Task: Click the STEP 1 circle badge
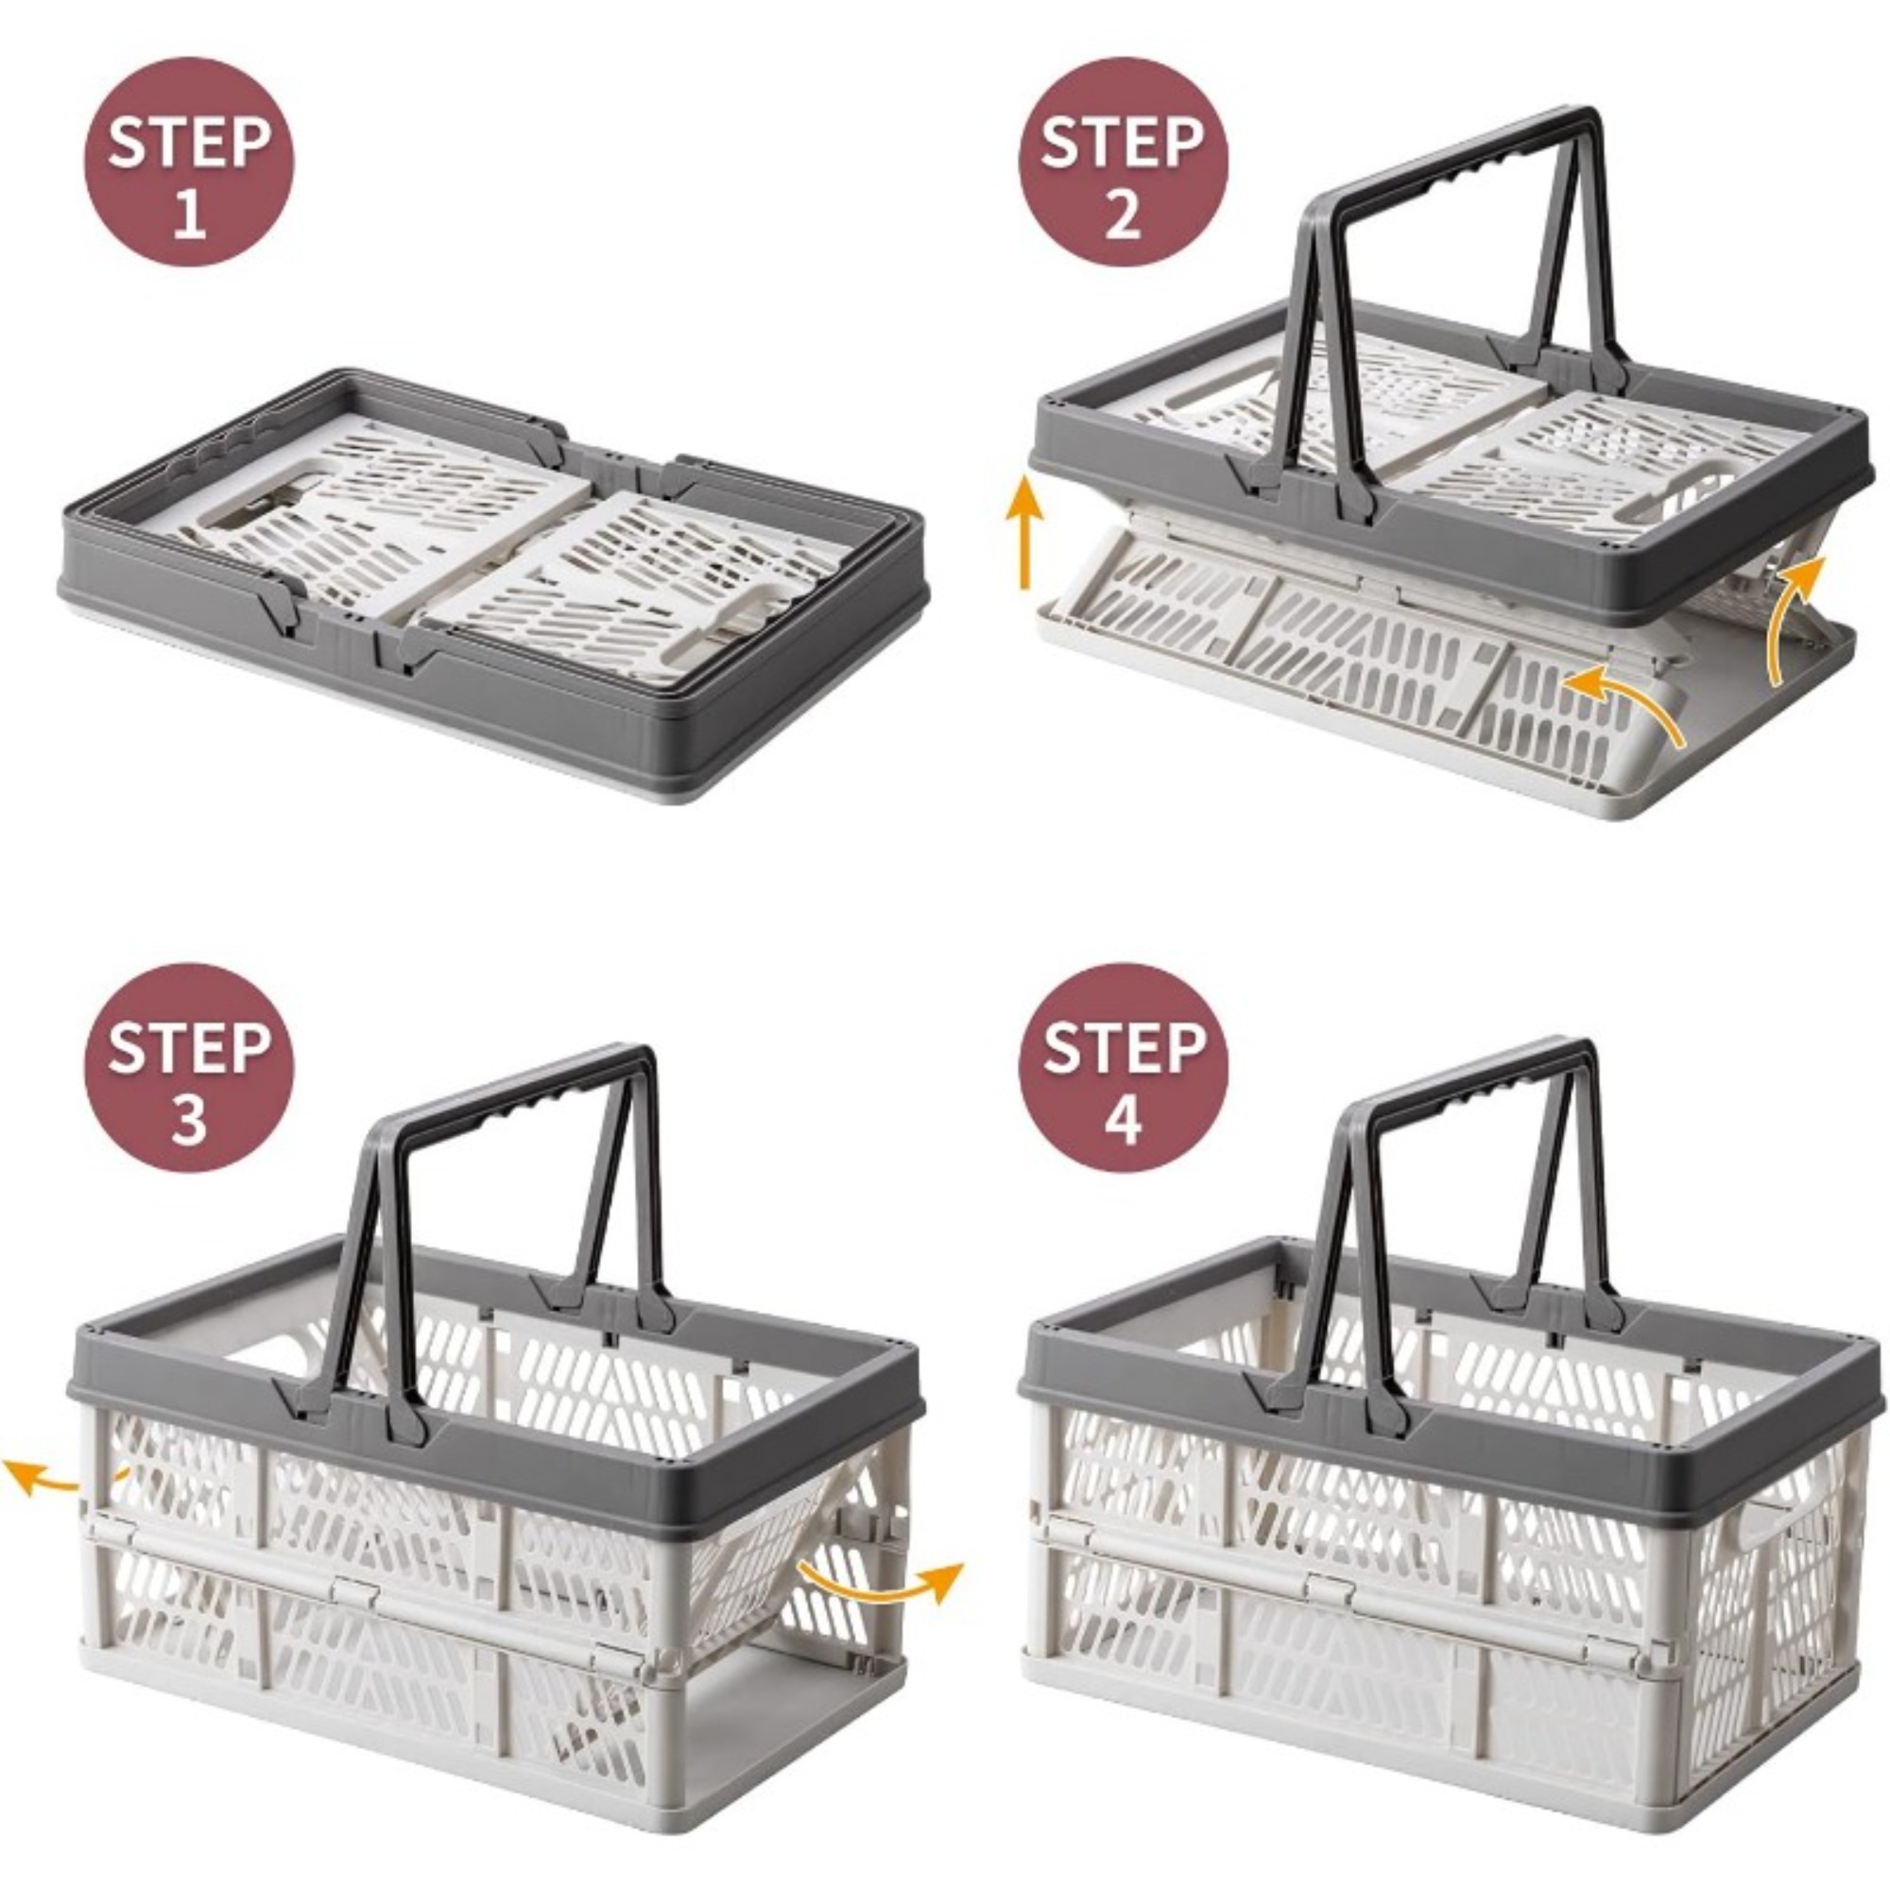tap(189, 162)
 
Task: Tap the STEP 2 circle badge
tap(1122, 162)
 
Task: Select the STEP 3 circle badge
tap(189, 1067)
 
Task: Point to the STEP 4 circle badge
tap(1122, 1067)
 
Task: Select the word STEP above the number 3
tap(189, 1047)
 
